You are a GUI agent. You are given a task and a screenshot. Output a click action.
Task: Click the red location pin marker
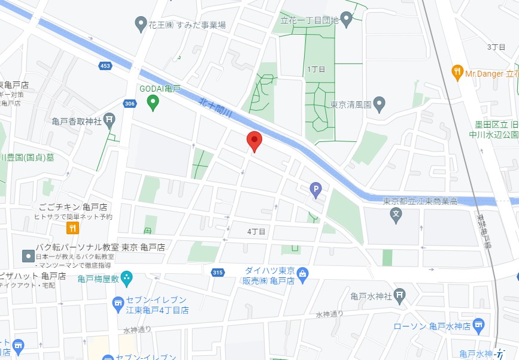tap(254, 141)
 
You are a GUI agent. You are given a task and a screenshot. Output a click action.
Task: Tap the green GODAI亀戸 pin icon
tap(153, 103)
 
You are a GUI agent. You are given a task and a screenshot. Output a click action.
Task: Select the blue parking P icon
tap(315, 190)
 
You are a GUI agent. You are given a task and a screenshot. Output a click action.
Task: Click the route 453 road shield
tap(106, 66)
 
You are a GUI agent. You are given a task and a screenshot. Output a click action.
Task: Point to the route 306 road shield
tap(130, 104)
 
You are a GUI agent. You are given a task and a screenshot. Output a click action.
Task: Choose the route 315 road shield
tap(217, 273)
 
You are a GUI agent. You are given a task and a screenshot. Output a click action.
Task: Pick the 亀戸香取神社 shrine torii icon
tap(109, 120)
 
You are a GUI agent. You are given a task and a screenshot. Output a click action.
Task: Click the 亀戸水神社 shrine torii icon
tap(400, 295)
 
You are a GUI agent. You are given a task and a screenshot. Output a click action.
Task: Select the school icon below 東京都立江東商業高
tap(395, 214)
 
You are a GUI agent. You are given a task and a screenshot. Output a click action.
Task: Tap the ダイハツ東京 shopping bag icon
tap(303, 274)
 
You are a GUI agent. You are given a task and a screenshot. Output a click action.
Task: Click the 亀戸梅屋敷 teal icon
tap(126, 278)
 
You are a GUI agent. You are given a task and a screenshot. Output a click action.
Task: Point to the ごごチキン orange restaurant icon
tap(72, 228)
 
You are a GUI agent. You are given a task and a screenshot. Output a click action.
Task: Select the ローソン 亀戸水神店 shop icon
tap(478, 326)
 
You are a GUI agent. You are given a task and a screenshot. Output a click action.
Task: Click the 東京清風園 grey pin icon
tap(378, 104)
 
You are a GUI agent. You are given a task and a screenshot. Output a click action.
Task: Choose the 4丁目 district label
tap(256, 231)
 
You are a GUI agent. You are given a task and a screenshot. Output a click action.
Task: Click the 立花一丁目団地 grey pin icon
tap(346, 19)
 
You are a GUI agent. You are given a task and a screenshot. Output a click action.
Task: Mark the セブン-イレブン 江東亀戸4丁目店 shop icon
tap(117, 304)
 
